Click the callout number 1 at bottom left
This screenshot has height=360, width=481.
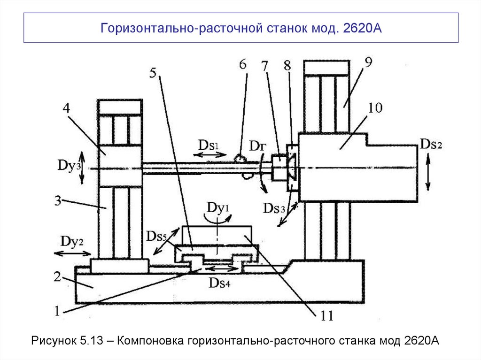56,310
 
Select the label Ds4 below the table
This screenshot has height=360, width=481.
220,283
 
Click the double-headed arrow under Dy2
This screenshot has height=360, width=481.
71,254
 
